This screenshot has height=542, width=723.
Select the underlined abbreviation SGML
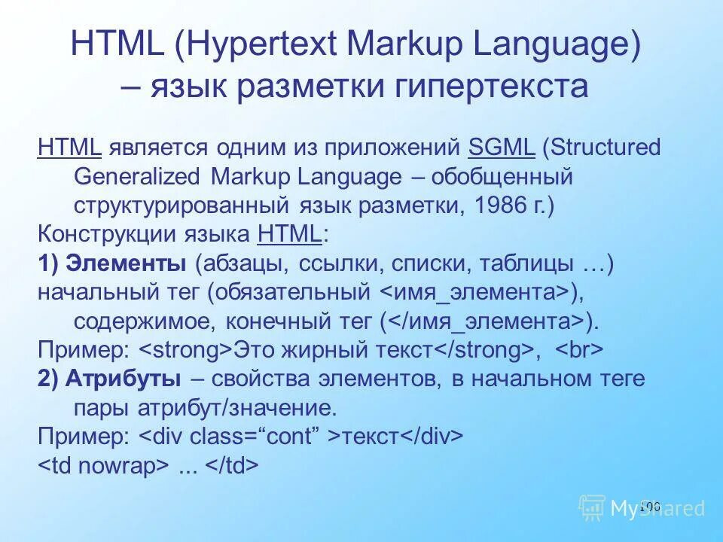pyautogui.click(x=501, y=147)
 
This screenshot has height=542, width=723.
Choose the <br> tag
pyautogui.click(x=579, y=350)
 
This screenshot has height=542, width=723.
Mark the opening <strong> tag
pyautogui.click(x=186, y=350)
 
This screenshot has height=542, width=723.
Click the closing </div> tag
pyautogui.click(x=430, y=437)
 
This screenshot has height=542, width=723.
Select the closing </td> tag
pyautogui.click(x=232, y=466)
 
